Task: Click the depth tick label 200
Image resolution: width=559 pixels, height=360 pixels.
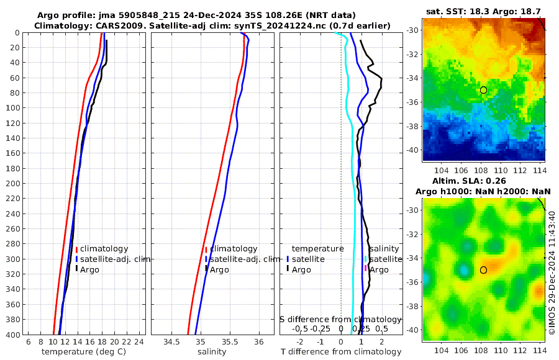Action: coord(12,184)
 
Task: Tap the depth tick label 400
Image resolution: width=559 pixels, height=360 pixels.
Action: coord(12,335)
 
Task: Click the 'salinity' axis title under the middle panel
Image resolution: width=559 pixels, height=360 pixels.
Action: coord(212,352)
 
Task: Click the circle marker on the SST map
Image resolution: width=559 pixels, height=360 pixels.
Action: coord(483,90)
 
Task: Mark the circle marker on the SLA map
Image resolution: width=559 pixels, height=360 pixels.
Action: coord(483,270)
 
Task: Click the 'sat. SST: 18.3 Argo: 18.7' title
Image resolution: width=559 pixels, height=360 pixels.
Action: coord(483,12)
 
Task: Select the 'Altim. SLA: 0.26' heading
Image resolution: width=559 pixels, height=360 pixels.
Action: coord(483,180)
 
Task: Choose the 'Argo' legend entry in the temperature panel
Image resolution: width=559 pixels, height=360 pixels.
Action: coord(89,269)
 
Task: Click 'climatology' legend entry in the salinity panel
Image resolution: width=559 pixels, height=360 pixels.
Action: coord(234,248)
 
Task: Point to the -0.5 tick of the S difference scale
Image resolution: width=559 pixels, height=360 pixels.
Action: coord(300,328)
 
